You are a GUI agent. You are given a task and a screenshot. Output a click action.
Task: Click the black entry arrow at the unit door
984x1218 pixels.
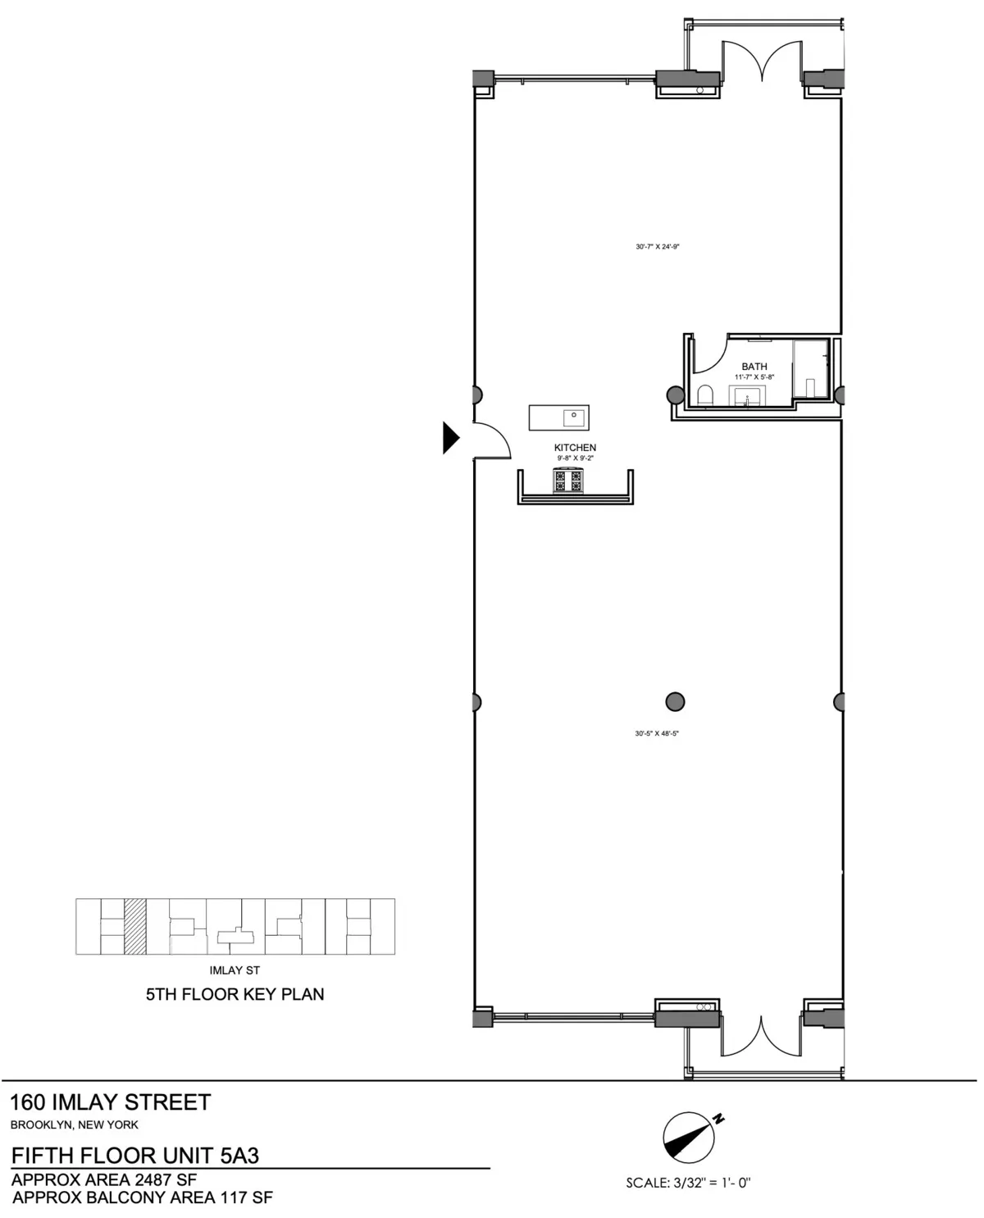(450, 437)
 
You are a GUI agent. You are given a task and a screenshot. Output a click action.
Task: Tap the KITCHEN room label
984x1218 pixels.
(575, 448)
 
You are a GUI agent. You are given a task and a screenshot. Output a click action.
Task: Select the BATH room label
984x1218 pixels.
(754, 367)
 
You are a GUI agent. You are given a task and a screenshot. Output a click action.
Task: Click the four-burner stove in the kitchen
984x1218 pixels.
(567, 481)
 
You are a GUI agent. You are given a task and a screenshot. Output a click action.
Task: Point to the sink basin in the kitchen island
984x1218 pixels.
(574, 417)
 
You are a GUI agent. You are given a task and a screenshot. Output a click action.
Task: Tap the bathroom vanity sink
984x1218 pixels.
(748, 397)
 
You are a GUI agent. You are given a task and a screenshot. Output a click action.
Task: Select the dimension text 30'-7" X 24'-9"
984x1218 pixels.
(658, 246)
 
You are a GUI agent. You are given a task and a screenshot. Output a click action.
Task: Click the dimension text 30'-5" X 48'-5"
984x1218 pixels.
(657, 733)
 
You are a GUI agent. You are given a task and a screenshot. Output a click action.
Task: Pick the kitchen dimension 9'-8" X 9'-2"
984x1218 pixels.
(575, 458)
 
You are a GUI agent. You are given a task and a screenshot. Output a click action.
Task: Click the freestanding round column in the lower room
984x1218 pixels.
(675, 701)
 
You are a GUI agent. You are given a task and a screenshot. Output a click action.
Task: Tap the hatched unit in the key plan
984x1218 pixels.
(134, 926)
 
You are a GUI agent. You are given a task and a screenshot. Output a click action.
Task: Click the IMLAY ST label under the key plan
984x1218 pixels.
(235, 970)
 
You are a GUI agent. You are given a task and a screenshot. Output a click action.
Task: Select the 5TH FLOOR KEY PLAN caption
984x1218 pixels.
(235, 994)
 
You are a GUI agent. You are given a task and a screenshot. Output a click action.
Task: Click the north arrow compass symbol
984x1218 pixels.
(690, 1138)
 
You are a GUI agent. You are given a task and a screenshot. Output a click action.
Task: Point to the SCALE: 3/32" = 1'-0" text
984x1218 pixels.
(688, 1183)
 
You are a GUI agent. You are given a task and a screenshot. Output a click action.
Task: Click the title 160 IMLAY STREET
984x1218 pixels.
(110, 1102)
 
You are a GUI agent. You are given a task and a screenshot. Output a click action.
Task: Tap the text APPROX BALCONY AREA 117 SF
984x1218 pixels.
(143, 1197)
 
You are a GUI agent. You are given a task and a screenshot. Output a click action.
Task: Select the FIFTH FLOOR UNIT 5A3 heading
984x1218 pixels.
(135, 1156)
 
